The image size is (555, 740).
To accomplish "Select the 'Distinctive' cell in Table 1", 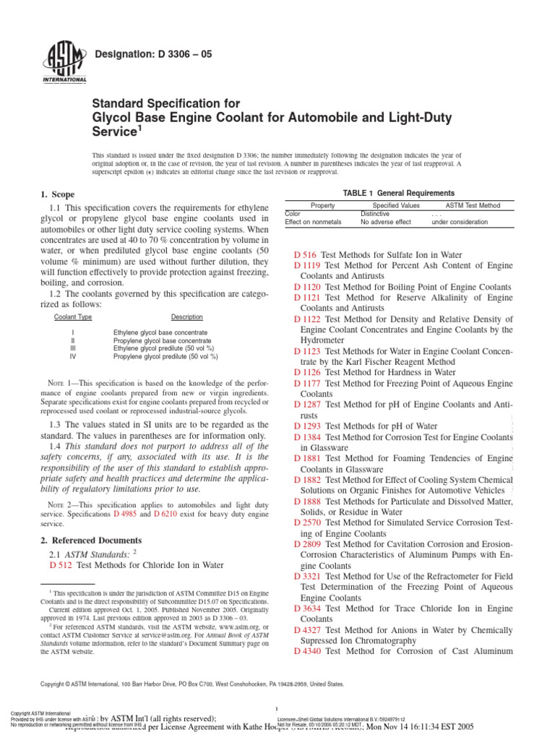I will click(x=374, y=214).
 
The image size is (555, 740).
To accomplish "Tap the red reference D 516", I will click(x=305, y=255).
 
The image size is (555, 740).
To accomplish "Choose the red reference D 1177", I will click(x=307, y=384).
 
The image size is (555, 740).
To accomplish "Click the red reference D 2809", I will click(x=307, y=543).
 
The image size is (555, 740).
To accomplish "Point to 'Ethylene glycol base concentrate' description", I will click(x=160, y=332).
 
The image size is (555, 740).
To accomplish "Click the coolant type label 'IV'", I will click(x=72, y=356).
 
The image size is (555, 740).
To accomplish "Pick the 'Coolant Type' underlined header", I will click(x=73, y=317).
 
